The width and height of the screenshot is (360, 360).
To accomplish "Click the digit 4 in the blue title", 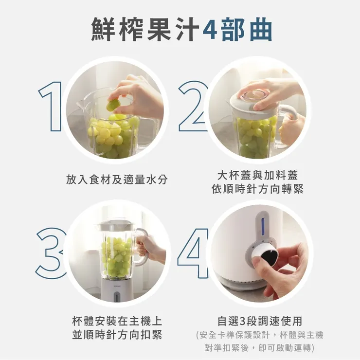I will pos(209,30).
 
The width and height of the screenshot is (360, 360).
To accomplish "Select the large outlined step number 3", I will pos(50,253).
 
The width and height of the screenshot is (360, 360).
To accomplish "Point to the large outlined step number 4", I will pos(192,253).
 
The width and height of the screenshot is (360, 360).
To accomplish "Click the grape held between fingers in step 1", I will pos(113,104).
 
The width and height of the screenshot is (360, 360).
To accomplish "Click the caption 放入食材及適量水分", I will pos(117,180).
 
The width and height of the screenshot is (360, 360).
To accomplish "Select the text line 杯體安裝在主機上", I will pos(117,321).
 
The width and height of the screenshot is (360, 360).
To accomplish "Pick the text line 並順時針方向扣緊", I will pos(117,335).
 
